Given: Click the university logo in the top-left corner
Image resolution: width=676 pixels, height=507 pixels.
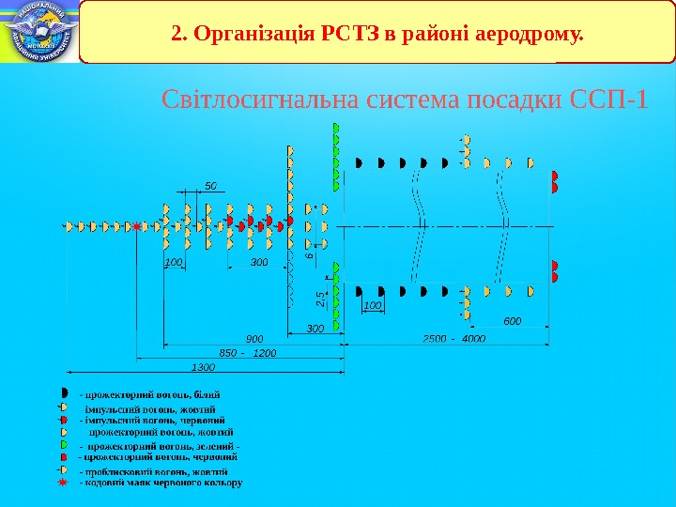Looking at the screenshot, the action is pos(38,32).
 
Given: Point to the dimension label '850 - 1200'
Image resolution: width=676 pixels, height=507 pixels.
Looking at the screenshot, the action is pos(248,352).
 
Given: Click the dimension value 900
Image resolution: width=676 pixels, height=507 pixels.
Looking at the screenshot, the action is pos(254,338).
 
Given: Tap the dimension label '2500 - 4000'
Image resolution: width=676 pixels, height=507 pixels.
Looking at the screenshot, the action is pos(453,338).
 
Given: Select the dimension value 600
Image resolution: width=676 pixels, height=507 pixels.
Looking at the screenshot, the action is pos(512,321).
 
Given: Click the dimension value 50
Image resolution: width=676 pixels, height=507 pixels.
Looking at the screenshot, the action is pos(210,187).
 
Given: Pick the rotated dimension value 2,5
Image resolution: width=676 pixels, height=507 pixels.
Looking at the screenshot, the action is pos(320,300).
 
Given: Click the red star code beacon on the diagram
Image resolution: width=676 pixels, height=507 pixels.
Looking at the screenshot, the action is pos(137,227).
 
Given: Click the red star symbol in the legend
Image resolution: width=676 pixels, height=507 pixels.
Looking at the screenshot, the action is pos(63,482).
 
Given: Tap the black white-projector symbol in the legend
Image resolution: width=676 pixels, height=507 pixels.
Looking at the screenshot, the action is pos(63,391).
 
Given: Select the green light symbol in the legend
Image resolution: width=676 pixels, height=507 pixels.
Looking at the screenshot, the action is pos(63,444).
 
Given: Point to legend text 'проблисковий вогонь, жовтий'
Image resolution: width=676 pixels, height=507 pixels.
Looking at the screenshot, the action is pos(157,470).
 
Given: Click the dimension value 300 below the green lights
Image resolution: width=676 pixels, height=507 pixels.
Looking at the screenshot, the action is pos(315,329).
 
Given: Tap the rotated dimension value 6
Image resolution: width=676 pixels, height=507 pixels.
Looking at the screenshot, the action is pos(308,255).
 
